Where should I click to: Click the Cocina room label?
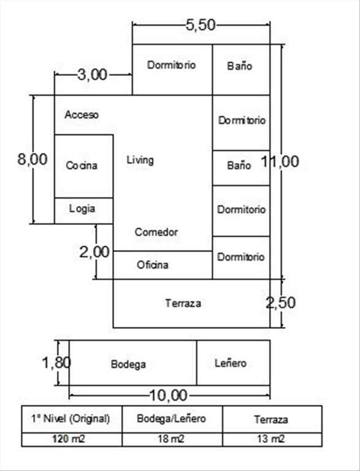[x=82, y=166]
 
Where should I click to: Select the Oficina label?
[x=152, y=265]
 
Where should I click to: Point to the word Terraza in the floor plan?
[x=183, y=303]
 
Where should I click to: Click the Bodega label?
[x=128, y=364]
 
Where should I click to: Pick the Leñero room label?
[x=231, y=363]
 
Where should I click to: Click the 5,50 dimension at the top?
[x=201, y=25]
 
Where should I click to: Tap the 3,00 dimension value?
[x=92, y=74]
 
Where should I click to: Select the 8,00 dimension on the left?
[x=33, y=159]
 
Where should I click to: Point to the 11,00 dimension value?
[x=280, y=161]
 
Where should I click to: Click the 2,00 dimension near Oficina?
[x=94, y=251]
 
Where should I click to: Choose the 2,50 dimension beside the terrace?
[x=281, y=303]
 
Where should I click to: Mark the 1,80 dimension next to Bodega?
[x=56, y=362]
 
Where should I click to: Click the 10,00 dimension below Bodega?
[x=168, y=396]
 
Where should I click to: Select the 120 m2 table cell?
[x=69, y=439]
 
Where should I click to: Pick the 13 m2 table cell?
[x=270, y=439]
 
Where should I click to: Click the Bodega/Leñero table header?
[x=171, y=418]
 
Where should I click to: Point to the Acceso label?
[x=82, y=115]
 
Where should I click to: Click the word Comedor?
[x=156, y=232]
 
